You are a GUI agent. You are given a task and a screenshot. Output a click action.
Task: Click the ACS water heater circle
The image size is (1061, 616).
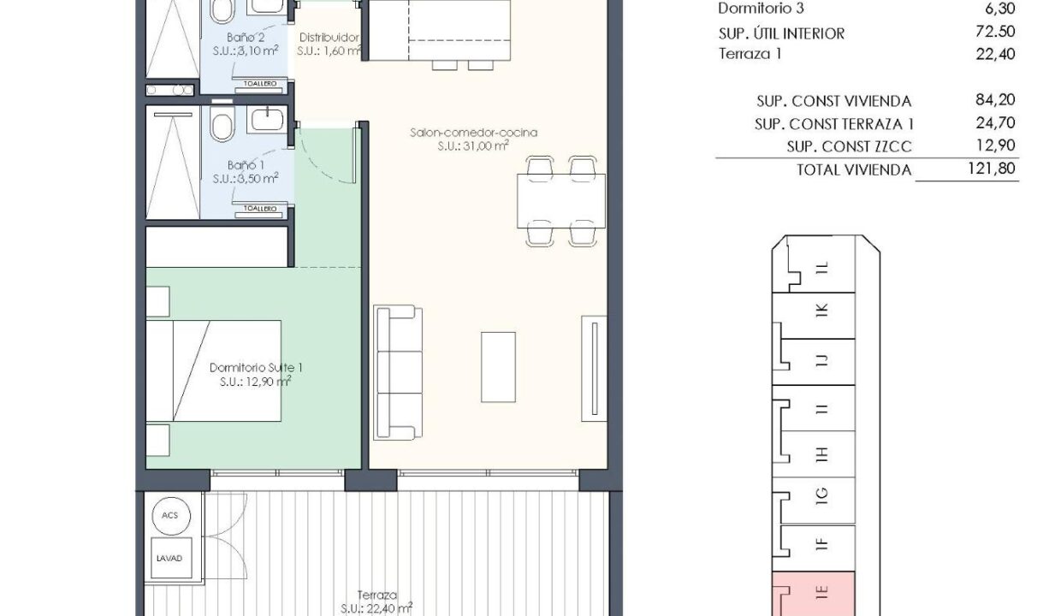pos(171,516)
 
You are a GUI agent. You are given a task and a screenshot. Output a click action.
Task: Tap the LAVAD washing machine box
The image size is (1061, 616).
pos(171,558)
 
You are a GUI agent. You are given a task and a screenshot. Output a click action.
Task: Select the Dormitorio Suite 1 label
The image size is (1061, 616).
pos(256,367)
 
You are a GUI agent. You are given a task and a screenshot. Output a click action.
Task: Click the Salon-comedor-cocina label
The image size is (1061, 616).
pos(474,133)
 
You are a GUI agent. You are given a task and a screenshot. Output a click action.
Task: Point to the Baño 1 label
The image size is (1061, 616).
pos(246,165)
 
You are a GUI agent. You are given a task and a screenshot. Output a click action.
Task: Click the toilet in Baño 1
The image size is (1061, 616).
pos(222,123)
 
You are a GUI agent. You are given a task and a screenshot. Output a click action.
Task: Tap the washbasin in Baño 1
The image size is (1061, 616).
pos(268,119)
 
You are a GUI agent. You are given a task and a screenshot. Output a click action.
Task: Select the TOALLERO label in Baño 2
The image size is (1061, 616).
pos(260,83)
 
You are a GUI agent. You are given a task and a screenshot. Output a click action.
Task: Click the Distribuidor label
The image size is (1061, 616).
pos(329,38)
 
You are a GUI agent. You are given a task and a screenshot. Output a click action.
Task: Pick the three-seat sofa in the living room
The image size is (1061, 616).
pos(398,372)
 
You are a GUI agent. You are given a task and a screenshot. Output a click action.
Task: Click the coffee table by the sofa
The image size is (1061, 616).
pos(498,367)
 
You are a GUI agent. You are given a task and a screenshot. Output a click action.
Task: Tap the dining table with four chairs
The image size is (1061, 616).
pos(561,201)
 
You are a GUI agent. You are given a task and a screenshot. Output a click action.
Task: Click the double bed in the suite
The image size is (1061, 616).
pos(214,370)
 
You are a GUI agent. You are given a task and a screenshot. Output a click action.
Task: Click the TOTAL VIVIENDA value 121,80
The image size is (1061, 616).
pos(992,168)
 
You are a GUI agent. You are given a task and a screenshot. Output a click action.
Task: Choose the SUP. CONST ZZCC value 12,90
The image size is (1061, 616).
pos(995,145)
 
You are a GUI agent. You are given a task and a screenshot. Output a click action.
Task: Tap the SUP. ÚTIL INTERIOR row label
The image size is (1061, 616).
pos(781,33)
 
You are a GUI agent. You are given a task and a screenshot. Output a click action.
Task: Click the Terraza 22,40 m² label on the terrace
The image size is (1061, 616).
pos(376,601)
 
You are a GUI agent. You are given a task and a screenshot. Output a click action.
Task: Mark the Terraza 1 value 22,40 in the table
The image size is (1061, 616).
pos(995,54)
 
